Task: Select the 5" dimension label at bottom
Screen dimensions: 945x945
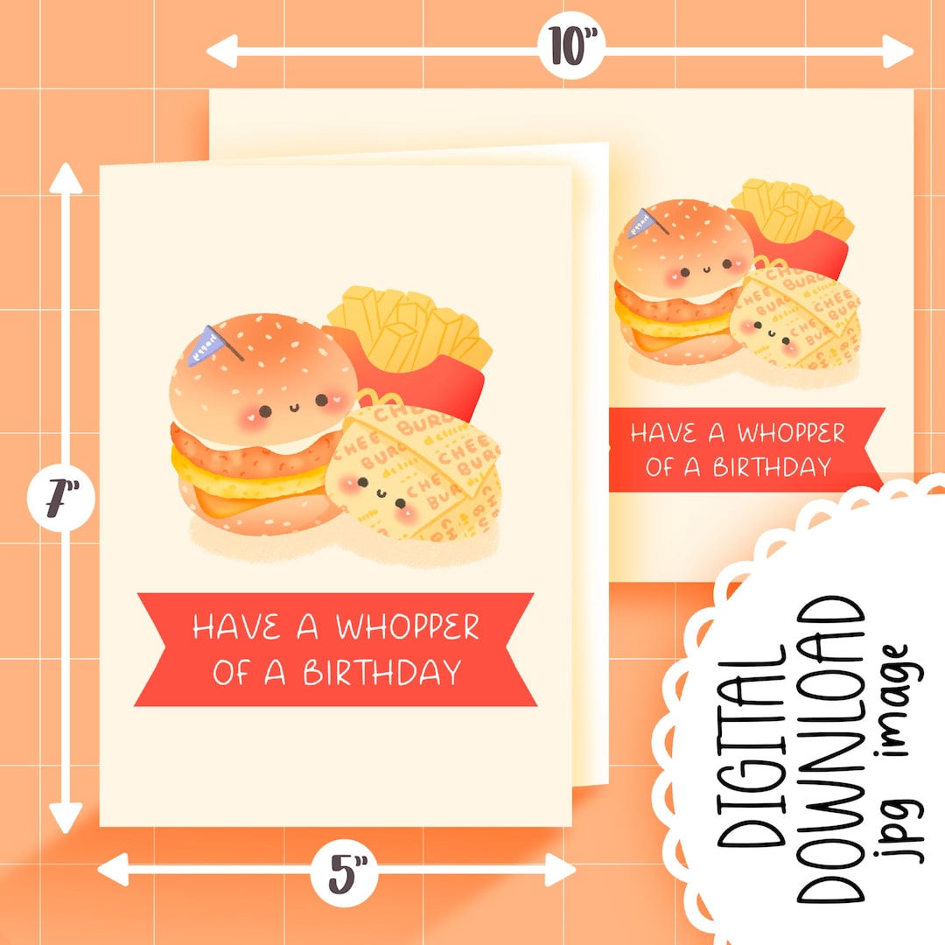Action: point(346,872)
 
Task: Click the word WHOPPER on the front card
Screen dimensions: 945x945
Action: point(408,627)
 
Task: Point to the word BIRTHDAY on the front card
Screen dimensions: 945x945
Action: point(381,672)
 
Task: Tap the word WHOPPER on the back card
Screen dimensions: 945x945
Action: point(791,433)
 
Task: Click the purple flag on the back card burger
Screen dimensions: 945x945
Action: point(646,222)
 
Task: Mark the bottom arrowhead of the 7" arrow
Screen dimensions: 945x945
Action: point(65,819)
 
